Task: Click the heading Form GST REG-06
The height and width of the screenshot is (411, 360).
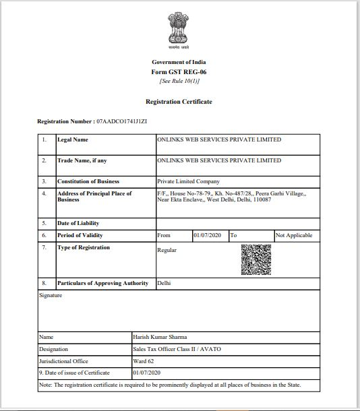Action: coord(179,71)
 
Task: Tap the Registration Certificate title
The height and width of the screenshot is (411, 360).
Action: coord(179,102)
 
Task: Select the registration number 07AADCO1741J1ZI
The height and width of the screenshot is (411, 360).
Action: coord(121,121)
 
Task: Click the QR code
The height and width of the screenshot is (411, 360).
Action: coord(256,260)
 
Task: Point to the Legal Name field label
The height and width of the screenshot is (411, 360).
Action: coord(73,140)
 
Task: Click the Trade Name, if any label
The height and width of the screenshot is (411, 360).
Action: coord(82,161)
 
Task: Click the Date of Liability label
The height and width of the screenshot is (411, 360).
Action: coord(78,223)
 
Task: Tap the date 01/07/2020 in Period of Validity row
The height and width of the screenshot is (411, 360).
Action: coord(207,236)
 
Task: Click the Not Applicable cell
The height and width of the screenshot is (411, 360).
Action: coord(294,236)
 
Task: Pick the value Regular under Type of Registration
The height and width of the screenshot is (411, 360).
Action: coord(167,250)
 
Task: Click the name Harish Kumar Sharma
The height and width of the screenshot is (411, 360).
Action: coord(160,337)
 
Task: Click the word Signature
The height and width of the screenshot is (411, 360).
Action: coord(51,295)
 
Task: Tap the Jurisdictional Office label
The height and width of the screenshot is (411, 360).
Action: coord(63,361)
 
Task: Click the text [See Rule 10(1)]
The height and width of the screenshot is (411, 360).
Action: coord(179,81)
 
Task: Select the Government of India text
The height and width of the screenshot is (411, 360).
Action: coord(179,62)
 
